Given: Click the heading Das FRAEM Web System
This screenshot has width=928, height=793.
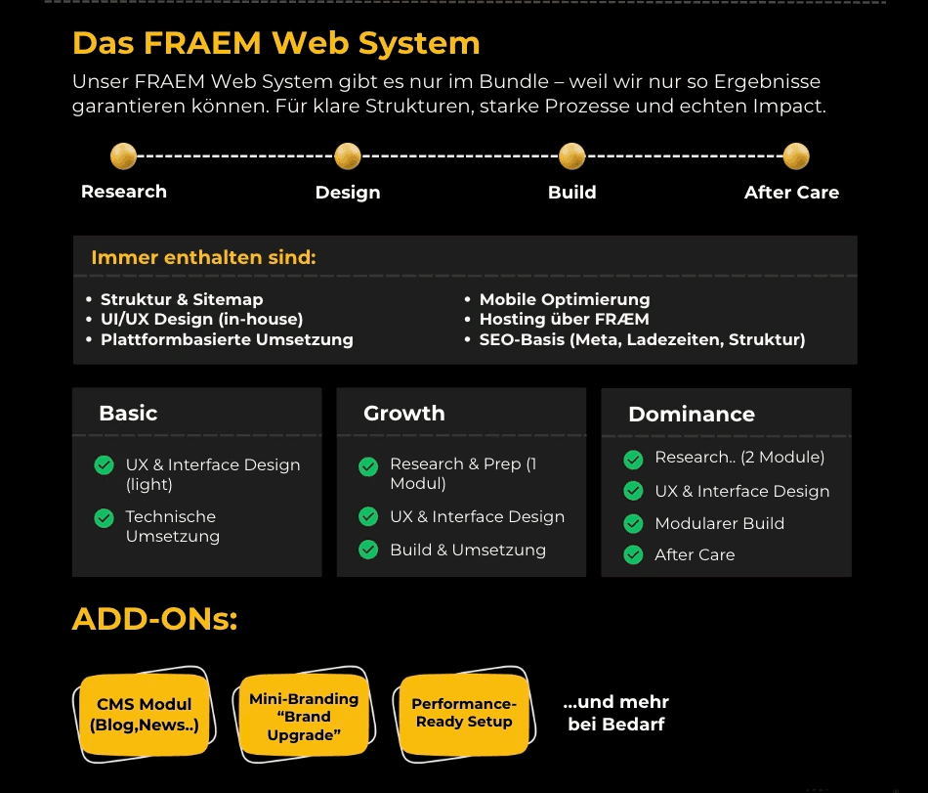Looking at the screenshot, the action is (x=275, y=43).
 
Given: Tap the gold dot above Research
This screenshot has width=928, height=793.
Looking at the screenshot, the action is (x=123, y=155).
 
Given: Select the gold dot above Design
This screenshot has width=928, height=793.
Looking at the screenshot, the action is (x=347, y=155).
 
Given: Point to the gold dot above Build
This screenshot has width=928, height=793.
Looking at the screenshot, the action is (x=571, y=155).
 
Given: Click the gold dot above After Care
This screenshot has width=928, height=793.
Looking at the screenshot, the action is (x=796, y=155).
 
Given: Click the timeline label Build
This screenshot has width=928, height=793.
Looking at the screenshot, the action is (x=571, y=192).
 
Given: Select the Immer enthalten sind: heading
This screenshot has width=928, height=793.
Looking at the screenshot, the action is (x=203, y=257).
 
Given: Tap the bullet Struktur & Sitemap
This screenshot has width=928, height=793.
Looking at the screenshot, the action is (x=182, y=299).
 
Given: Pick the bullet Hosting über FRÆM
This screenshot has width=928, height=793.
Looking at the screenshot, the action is (x=564, y=319).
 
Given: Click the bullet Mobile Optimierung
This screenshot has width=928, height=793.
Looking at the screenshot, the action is (x=564, y=299).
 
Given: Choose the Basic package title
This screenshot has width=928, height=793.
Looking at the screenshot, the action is (x=128, y=413).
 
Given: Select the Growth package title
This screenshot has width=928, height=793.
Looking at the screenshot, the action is (x=403, y=413).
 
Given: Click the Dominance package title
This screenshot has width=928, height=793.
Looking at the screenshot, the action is (x=691, y=414).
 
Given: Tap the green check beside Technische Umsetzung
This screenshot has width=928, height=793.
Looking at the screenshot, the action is (x=105, y=518).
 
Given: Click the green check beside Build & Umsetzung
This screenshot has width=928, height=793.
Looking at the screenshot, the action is (x=368, y=550).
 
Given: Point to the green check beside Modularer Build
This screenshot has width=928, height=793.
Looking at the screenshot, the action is (x=633, y=523).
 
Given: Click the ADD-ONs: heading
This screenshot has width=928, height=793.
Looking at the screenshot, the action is (x=154, y=619).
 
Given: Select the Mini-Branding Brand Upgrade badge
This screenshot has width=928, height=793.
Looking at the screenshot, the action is (x=304, y=717).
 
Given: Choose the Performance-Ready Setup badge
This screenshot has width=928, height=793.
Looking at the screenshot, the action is (x=463, y=713).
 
